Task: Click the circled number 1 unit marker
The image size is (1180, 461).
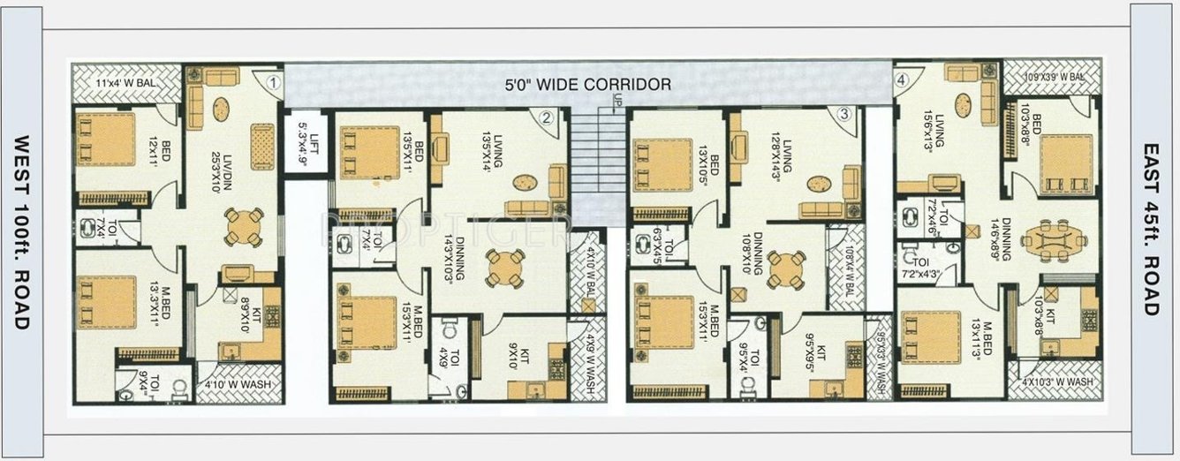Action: (x=274, y=84)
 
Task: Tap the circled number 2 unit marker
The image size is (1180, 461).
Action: (x=547, y=117)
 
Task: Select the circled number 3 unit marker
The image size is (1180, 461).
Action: (x=844, y=114)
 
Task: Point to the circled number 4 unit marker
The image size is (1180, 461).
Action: (x=901, y=80)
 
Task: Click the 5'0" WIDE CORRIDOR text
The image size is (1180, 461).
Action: (x=587, y=85)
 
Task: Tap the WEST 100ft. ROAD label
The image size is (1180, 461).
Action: (x=22, y=231)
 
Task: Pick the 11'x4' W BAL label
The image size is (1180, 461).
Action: (x=125, y=84)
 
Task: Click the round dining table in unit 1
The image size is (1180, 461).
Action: (x=243, y=226)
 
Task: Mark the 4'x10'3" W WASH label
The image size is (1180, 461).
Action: (x=1057, y=382)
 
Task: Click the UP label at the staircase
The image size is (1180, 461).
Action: (x=618, y=102)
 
